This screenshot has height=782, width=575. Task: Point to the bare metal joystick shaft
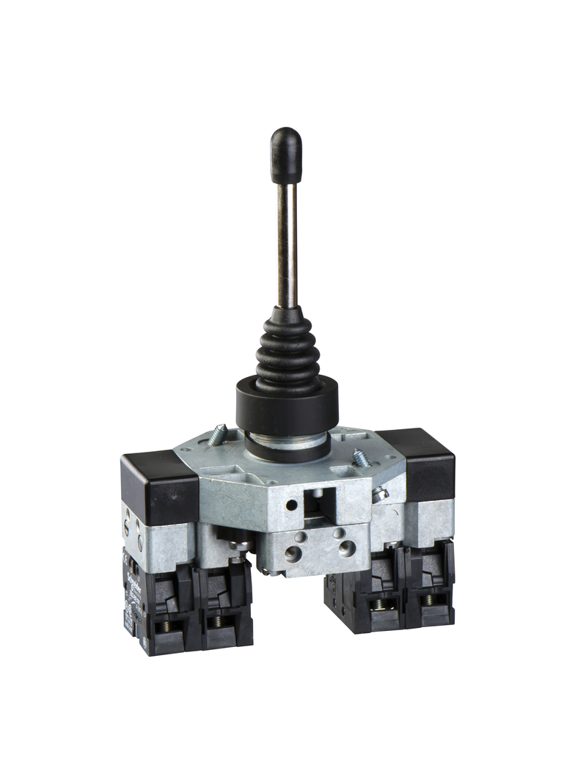coord(287,242)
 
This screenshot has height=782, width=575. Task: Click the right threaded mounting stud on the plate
coord(360,458)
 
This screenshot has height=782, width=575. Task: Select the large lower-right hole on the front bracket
coord(346,547)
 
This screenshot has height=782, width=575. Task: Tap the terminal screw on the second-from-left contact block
coord(218,622)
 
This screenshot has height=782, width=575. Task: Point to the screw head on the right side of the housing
coord(380,495)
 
